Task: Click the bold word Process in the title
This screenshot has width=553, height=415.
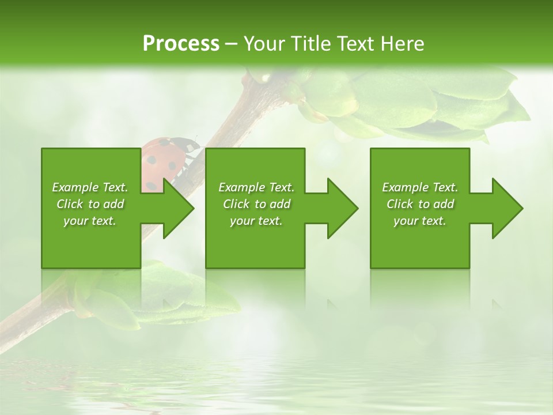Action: (181, 44)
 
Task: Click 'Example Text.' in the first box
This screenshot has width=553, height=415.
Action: (90, 187)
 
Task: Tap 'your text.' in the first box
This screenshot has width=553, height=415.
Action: (90, 221)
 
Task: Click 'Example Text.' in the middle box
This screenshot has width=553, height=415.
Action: (256, 187)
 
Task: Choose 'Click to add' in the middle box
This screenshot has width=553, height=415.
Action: (256, 204)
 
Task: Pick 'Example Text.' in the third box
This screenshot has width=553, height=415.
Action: (420, 187)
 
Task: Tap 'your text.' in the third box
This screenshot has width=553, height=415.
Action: (420, 221)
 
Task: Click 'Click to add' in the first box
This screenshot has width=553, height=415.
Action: (90, 204)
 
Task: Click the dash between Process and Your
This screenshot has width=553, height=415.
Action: (231, 44)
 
